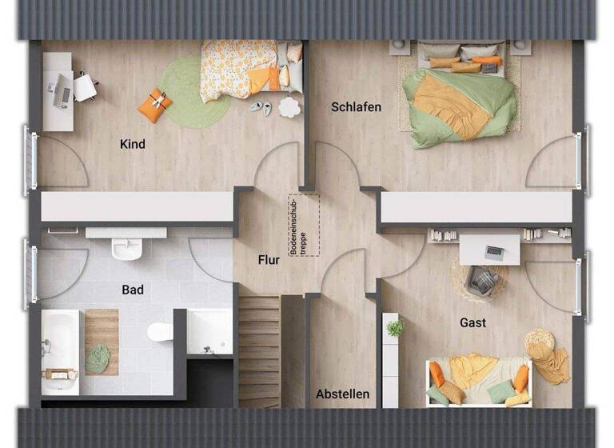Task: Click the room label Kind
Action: [x=132, y=145]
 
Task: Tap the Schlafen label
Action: [x=356, y=107]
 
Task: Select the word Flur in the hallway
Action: [x=269, y=259]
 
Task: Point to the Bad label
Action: [x=133, y=290]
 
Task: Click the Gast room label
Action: [x=472, y=323]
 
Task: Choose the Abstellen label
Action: [x=342, y=394]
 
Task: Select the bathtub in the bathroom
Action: [x=60, y=352]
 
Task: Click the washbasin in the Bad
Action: [x=126, y=247]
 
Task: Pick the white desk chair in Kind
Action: [x=85, y=86]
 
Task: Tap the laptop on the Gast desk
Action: [x=495, y=253]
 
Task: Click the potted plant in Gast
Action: [x=395, y=327]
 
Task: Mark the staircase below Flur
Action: [x=259, y=348]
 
